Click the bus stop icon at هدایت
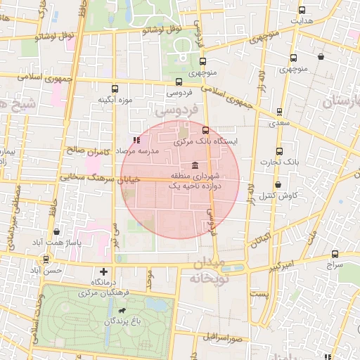tap(302, 11)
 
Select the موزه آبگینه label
tap(116, 100)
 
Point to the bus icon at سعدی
tap(280, 112)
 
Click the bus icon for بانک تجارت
tap(280, 151)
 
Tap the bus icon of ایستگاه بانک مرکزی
tap(205, 130)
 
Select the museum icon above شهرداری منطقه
tap(194, 164)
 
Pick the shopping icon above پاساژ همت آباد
tap(56, 231)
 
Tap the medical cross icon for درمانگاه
tap(104, 271)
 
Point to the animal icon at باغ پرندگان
tap(123, 311)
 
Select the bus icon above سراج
tap(334, 255)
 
